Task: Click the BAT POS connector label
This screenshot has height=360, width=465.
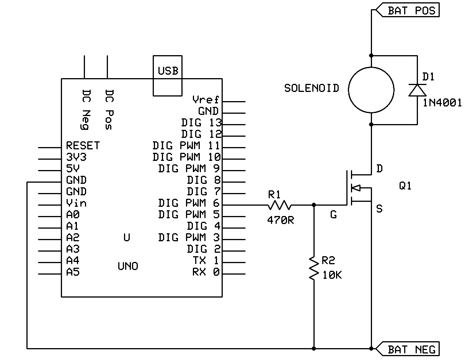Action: click(411, 10)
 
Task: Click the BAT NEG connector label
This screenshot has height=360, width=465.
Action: click(411, 349)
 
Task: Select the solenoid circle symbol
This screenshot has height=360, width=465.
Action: click(371, 90)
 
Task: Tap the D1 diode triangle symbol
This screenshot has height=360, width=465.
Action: click(417, 90)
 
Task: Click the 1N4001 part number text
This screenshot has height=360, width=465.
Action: click(442, 103)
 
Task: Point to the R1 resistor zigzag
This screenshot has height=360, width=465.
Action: click(279, 205)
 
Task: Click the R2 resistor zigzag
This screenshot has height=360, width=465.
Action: click(314, 268)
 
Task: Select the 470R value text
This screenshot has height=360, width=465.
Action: click(281, 221)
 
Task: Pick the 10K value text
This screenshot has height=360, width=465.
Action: click(332, 275)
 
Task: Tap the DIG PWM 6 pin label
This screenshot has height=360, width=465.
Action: click(189, 203)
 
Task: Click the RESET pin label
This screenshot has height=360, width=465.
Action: click(83, 146)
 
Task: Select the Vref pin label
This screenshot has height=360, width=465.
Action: click(206, 100)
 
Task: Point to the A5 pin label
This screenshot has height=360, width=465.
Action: click(73, 272)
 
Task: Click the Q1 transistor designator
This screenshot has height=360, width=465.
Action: click(405, 186)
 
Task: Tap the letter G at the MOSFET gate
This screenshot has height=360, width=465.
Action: click(333, 215)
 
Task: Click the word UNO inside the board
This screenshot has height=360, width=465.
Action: click(128, 266)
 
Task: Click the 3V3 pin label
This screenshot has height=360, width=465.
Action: click(77, 157)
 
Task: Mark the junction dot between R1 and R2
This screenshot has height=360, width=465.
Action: click(314, 205)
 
